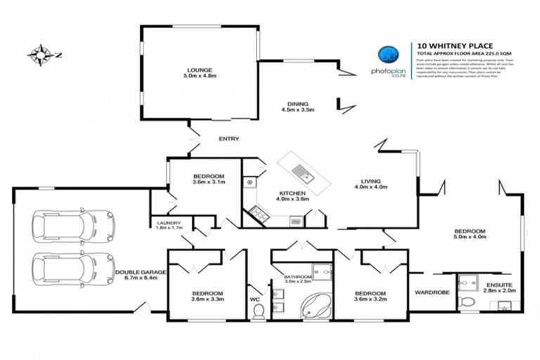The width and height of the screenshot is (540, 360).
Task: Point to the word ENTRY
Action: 229,139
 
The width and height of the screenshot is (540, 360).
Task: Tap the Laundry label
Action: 169,225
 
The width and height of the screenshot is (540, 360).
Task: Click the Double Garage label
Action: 141,275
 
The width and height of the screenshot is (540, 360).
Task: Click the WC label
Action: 255,299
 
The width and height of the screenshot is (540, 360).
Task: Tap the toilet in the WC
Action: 257,310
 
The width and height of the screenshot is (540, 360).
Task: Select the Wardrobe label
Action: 427,292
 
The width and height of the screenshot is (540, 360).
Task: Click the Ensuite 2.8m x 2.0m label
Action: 500,288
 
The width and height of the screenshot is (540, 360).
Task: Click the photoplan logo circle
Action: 389,54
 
